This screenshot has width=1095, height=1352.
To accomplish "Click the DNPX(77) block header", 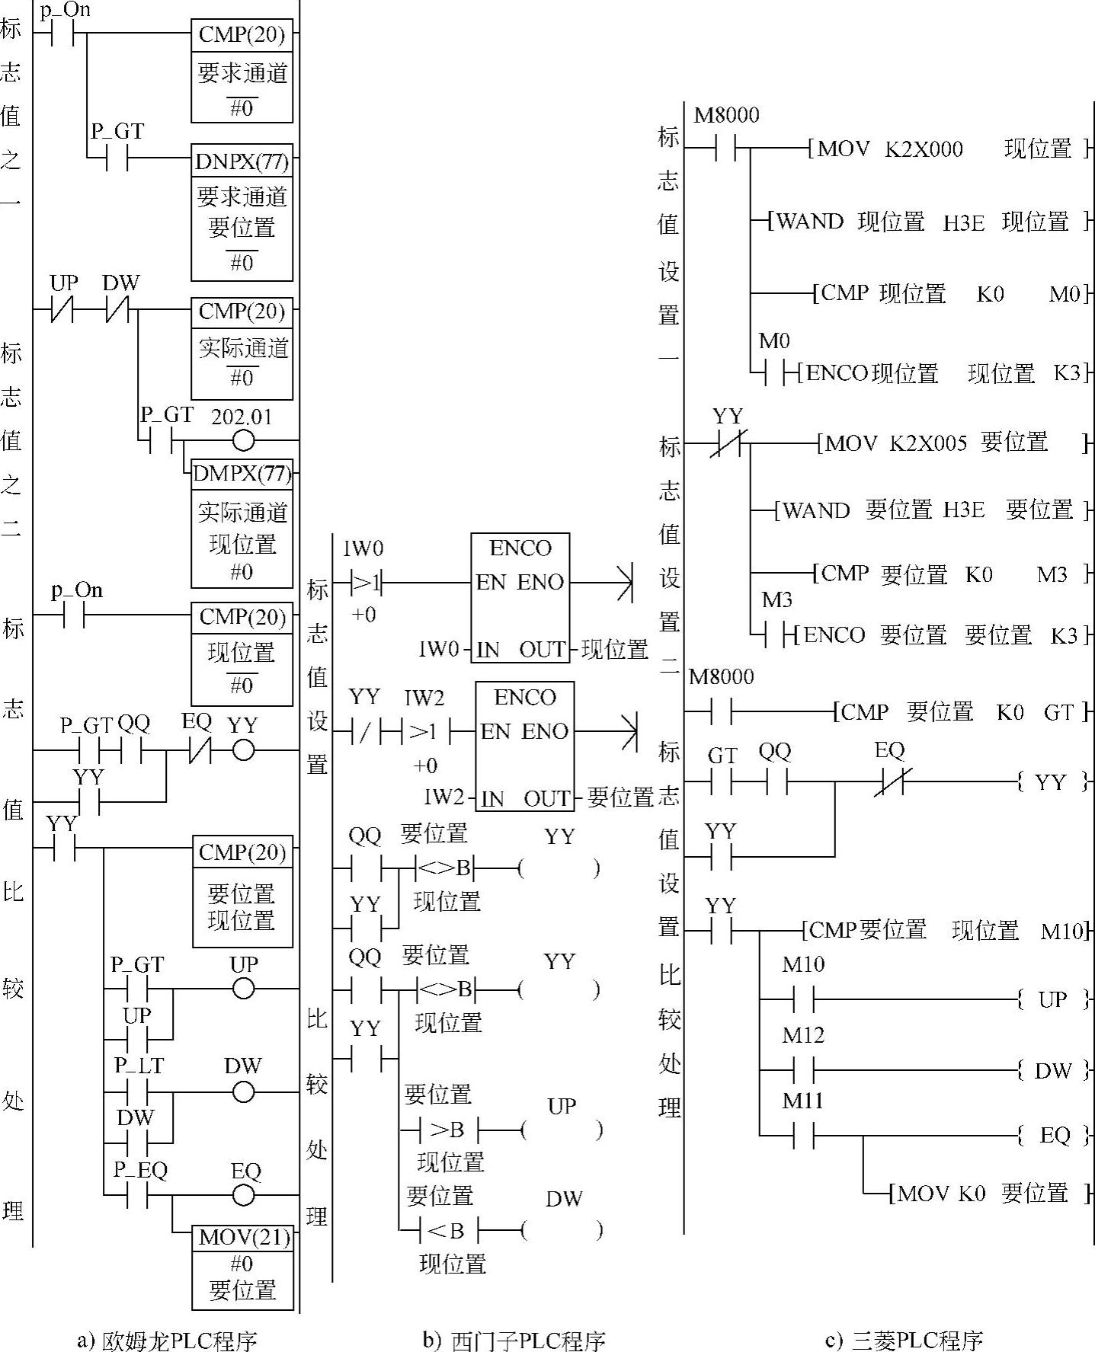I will (242, 161).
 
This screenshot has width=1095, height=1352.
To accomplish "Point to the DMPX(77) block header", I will (242, 474).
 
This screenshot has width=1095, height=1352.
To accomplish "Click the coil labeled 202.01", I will (243, 440).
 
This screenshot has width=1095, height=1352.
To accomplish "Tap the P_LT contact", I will (137, 1093).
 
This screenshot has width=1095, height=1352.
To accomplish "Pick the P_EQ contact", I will (137, 1195).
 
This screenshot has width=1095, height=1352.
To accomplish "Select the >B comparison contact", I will (447, 1130).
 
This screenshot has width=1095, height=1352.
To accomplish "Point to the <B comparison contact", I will (447, 1230).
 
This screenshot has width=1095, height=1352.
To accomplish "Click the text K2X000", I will (924, 149).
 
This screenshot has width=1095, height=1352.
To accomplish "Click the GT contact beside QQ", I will (721, 781).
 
